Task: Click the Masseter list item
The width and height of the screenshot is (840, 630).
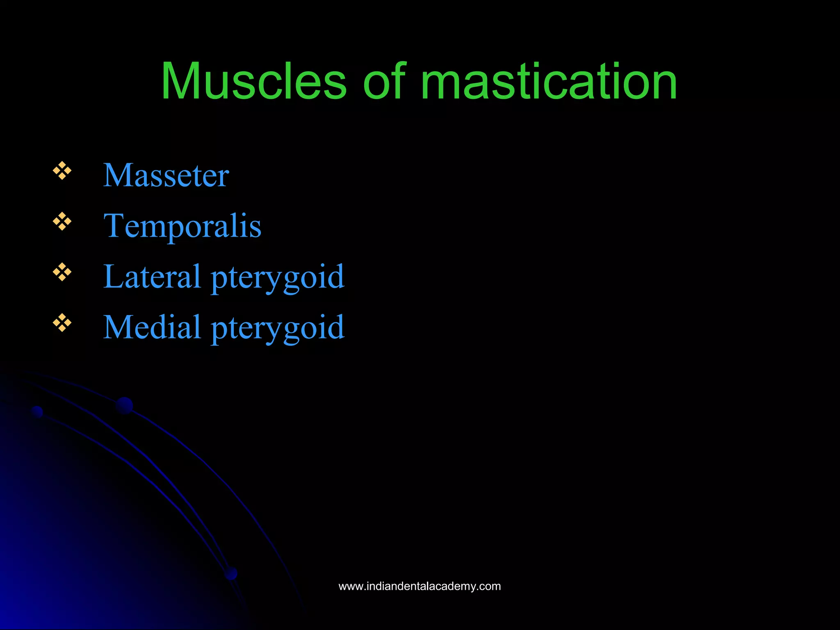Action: point(166,176)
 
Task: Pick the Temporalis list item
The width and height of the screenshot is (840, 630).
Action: point(182,226)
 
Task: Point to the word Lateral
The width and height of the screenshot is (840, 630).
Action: point(151,276)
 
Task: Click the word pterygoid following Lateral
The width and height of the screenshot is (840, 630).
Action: point(277,278)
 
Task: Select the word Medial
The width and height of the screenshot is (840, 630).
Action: point(151,327)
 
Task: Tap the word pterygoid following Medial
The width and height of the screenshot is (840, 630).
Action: point(277,329)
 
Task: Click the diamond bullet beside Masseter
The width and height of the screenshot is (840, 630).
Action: point(62,171)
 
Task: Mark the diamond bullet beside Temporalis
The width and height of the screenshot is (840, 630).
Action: point(62,221)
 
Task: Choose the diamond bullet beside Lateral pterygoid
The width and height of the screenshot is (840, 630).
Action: point(62,272)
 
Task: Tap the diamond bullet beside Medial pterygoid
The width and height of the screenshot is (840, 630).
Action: point(62,323)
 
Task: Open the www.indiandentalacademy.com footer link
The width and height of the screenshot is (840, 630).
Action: point(420,586)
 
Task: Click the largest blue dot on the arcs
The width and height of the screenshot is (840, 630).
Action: point(124,406)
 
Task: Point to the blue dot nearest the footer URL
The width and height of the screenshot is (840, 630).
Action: point(231,573)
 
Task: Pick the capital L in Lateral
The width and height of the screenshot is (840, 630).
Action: point(112,276)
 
